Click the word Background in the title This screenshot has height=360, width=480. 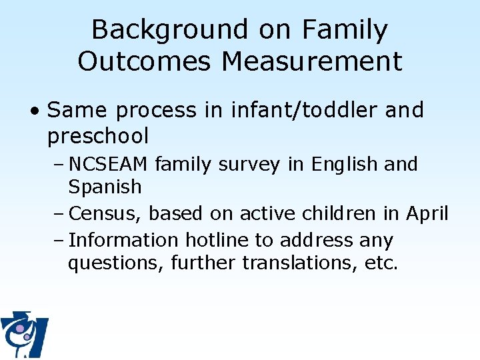tap(170, 30)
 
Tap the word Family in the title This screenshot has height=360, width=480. tap(345, 30)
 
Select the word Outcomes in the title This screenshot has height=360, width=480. tap(145, 61)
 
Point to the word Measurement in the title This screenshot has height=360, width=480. tap(312, 61)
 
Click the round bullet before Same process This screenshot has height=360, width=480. tap(39, 111)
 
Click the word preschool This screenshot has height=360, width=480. tap(98, 136)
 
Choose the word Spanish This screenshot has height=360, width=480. tap(105, 187)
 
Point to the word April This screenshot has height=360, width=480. tap(427, 213)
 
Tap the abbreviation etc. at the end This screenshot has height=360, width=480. tap(381, 263)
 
